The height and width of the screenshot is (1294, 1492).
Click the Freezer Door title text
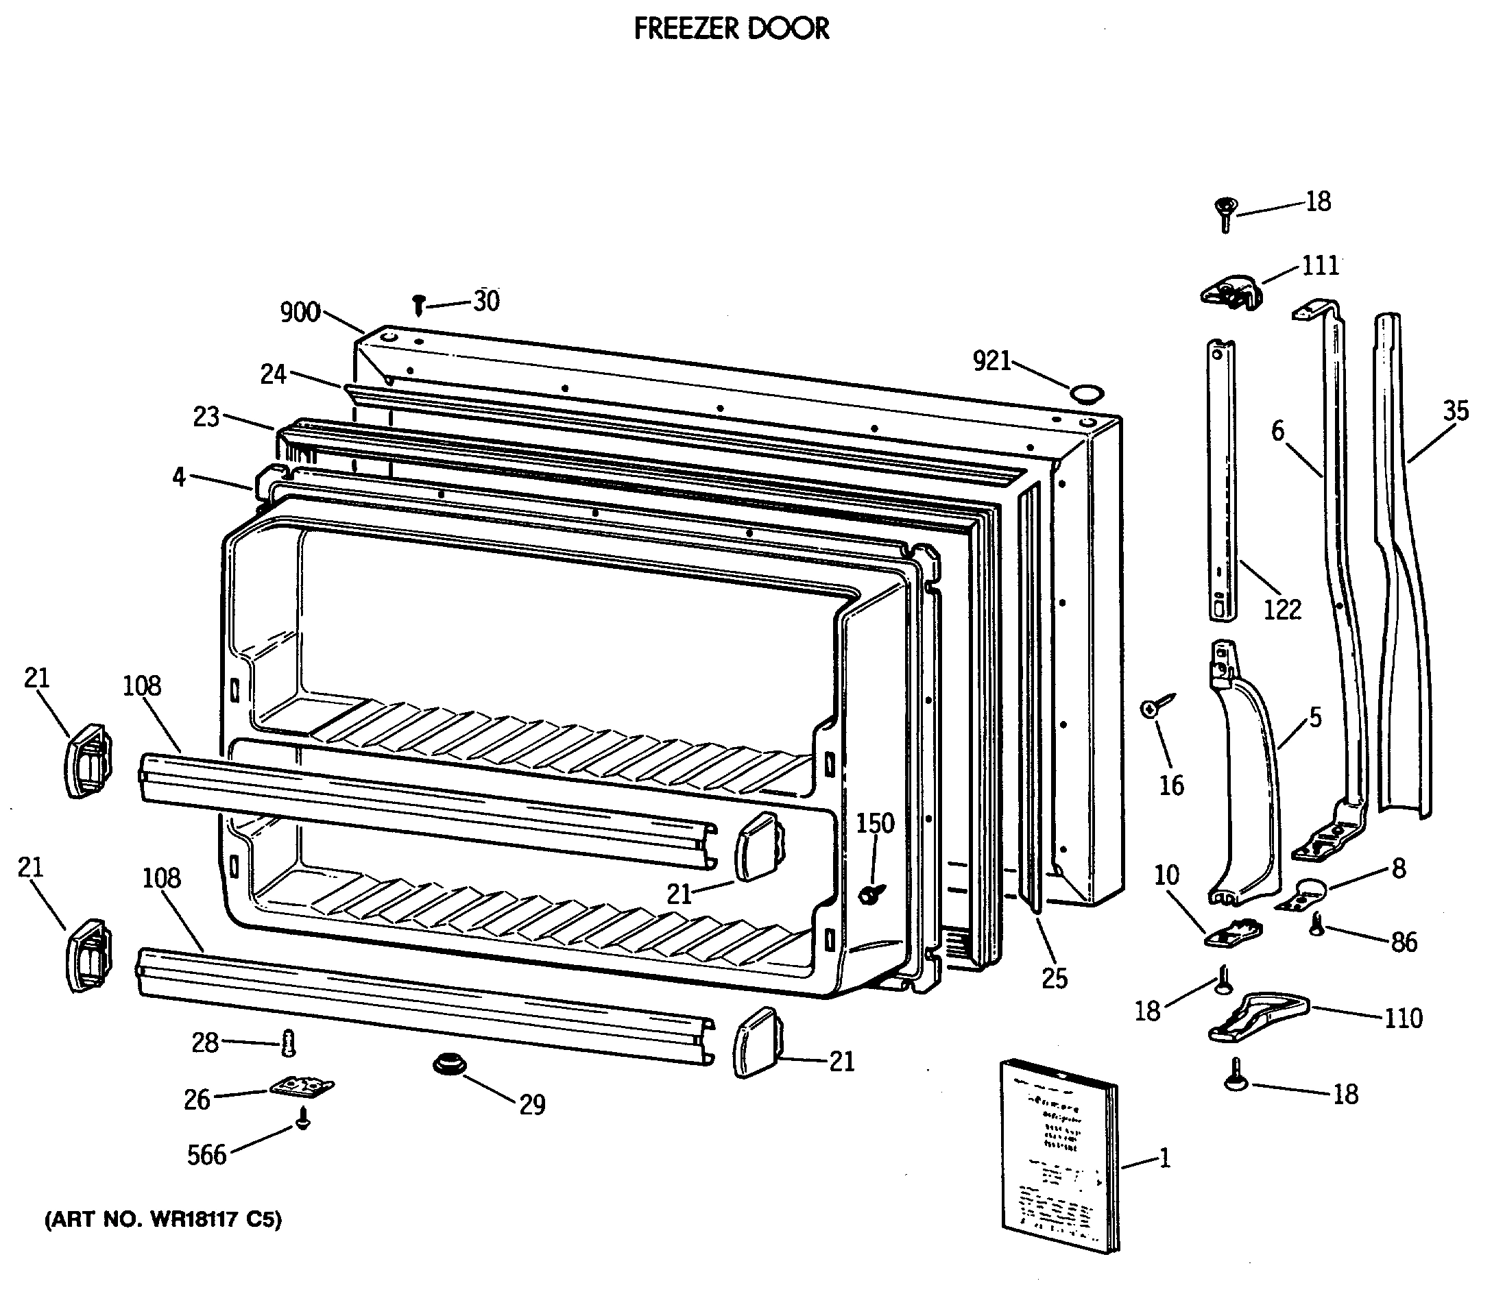click(x=731, y=29)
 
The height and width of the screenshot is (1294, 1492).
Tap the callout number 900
click(x=300, y=313)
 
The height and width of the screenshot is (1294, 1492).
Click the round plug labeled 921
click(x=1087, y=393)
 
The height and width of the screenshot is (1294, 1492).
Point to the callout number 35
click(x=1456, y=411)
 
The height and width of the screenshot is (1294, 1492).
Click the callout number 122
click(x=1282, y=609)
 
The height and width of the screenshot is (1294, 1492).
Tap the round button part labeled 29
click(x=448, y=1064)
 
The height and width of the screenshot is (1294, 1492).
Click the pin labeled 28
click(x=290, y=1042)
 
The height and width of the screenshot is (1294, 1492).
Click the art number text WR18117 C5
click(x=163, y=1219)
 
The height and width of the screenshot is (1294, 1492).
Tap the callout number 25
click(x=1054, y=979)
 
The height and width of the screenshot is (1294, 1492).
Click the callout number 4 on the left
click(x=179, y=476)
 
